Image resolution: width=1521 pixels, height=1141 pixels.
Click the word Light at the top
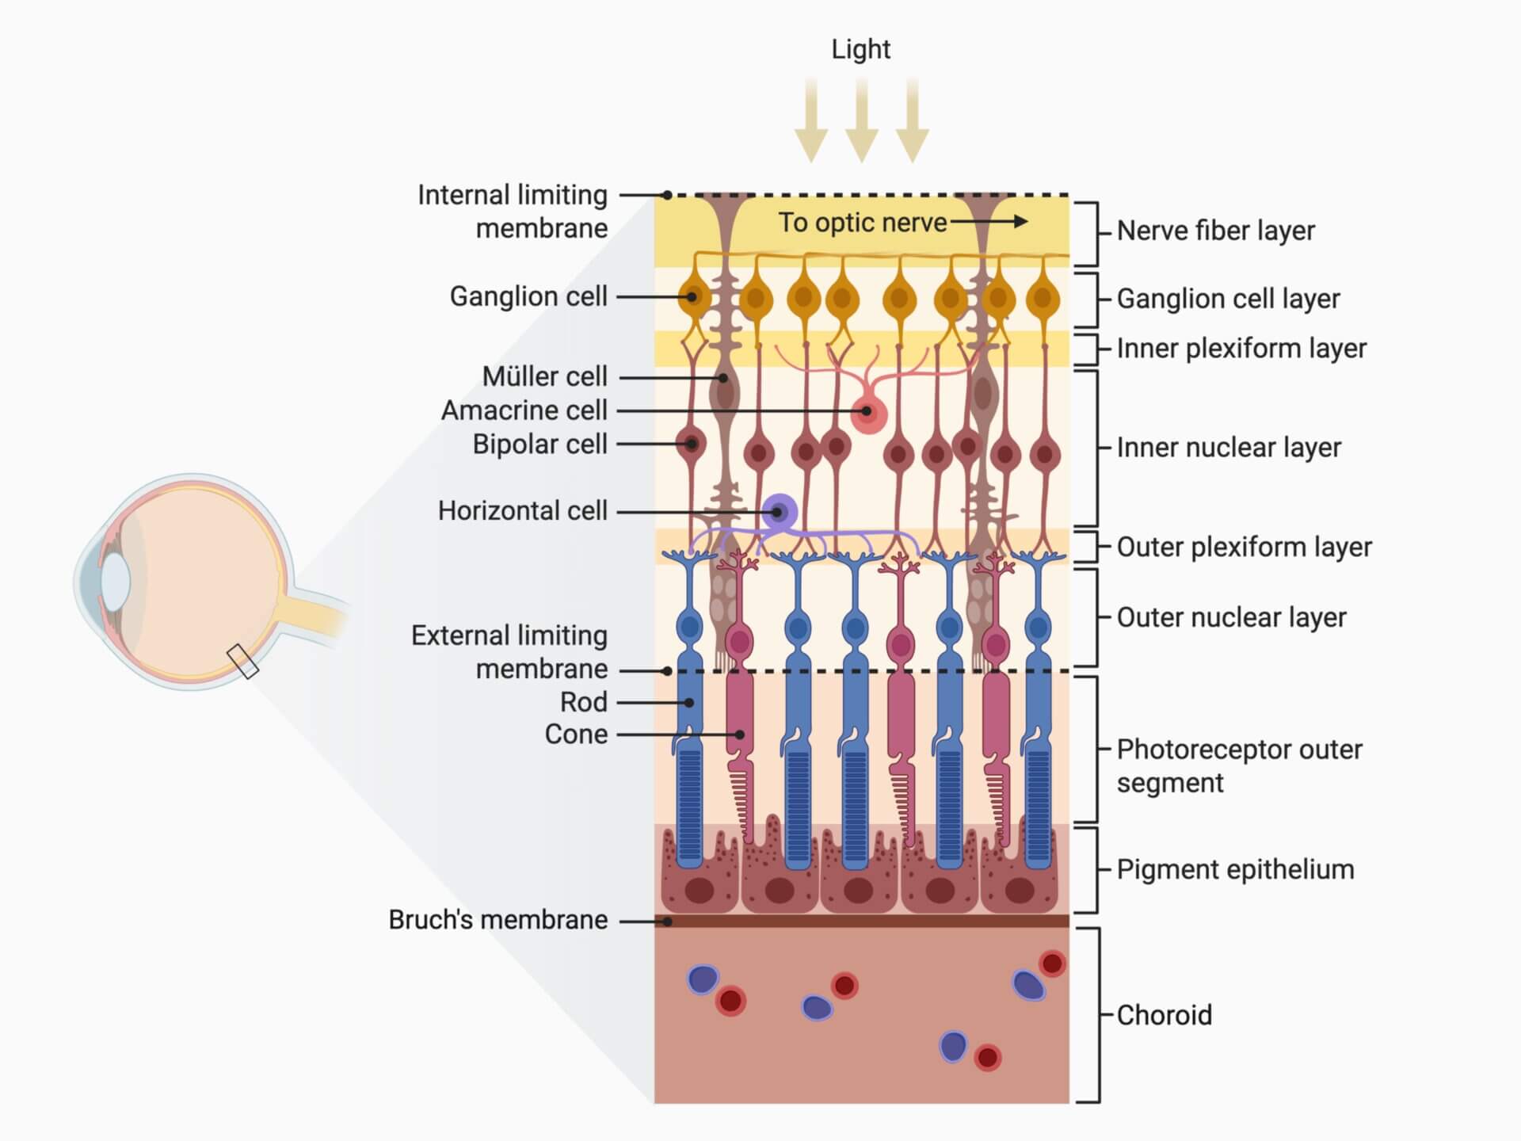[860, 49]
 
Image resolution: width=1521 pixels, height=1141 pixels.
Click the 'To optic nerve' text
[862, 223]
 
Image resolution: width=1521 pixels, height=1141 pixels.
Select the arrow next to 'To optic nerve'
[990, 222]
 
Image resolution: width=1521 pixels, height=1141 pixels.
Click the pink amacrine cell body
[868, 413]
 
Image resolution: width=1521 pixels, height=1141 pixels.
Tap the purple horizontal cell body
[780, 512]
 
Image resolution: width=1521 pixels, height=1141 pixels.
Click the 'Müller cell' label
[544, 376]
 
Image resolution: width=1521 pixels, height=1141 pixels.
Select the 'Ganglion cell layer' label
[1228, 299]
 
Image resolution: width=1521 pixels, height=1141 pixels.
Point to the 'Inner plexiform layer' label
[1241, 349]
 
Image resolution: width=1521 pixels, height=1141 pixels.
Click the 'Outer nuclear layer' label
[1231, 617]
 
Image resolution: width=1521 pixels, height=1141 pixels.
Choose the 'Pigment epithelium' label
[1235, 869]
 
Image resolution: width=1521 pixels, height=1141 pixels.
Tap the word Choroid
[1164, 1015]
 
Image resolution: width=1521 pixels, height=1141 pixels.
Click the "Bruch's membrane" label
[498, 920]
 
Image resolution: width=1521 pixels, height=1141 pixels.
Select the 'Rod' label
[583, 702]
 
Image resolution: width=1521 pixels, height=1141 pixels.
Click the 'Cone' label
[576, 735]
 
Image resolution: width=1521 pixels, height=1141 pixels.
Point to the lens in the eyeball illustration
[114, 581]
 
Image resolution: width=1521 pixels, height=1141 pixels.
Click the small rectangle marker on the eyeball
[242, 662]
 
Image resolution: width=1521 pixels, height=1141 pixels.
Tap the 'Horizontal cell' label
[522, 511]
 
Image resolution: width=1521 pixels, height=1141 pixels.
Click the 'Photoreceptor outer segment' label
[1239, 765]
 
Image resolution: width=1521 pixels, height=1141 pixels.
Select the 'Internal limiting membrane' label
[513, 212]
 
